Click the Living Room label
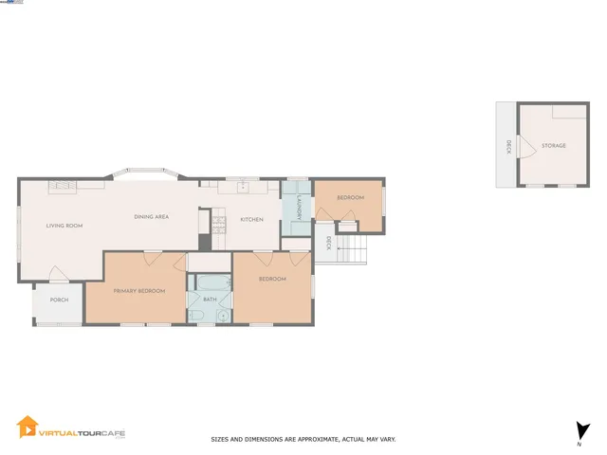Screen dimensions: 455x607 point(65,226)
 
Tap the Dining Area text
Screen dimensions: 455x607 point(151,217)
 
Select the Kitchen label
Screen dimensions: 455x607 point(251,220)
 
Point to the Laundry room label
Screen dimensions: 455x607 point(297,215)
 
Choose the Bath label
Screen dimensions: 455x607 point(210,300)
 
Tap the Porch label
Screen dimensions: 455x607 point(59,300)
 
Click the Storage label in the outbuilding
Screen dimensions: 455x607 point(554,146)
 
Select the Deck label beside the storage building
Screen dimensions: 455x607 point(508,146)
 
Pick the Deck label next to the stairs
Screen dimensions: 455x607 point(328,244)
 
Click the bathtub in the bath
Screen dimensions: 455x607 point(210,282)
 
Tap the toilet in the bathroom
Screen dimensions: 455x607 point(223,315)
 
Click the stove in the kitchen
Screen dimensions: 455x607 point(218,225)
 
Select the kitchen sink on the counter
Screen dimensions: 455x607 point(243,187)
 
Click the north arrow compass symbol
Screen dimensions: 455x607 point(579,429)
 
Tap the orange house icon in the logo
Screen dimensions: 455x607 point(28,428)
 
